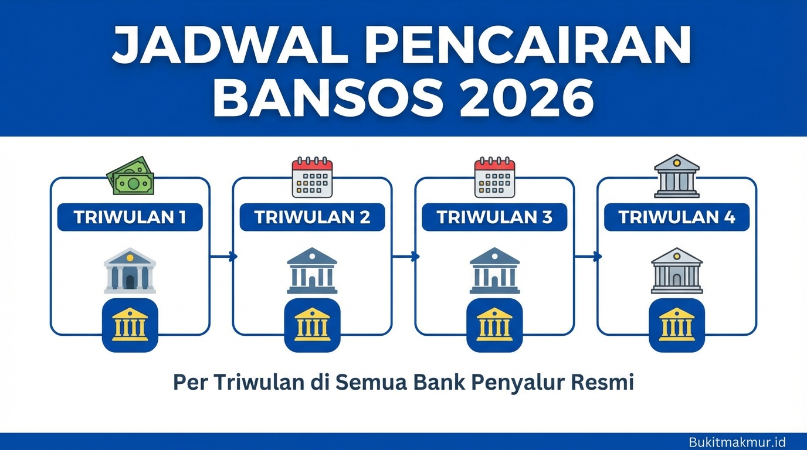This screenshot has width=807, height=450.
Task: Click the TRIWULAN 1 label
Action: tap(130, 217)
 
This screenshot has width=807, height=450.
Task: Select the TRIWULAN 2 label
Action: tap(312, 217)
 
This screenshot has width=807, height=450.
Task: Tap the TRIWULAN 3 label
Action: tap(494, 217)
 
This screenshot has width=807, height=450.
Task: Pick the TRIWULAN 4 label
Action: tap(677, 217)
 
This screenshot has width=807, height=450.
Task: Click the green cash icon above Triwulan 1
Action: tap(130, 176)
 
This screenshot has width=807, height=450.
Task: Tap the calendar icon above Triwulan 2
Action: tap(312, 177)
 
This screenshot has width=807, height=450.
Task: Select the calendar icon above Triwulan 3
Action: tap(494, 177)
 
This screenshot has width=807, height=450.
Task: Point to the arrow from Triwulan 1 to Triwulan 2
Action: tap(223, 256)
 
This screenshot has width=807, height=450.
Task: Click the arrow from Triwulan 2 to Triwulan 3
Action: tap(406, 256)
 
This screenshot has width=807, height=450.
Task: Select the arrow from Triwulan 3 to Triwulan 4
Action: tap(588, 256)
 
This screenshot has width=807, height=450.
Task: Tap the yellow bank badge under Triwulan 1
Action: tap(130, 325)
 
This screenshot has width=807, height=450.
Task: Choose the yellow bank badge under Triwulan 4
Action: tap(677, 325)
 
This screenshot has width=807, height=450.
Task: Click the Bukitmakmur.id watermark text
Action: tap(737, 442)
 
